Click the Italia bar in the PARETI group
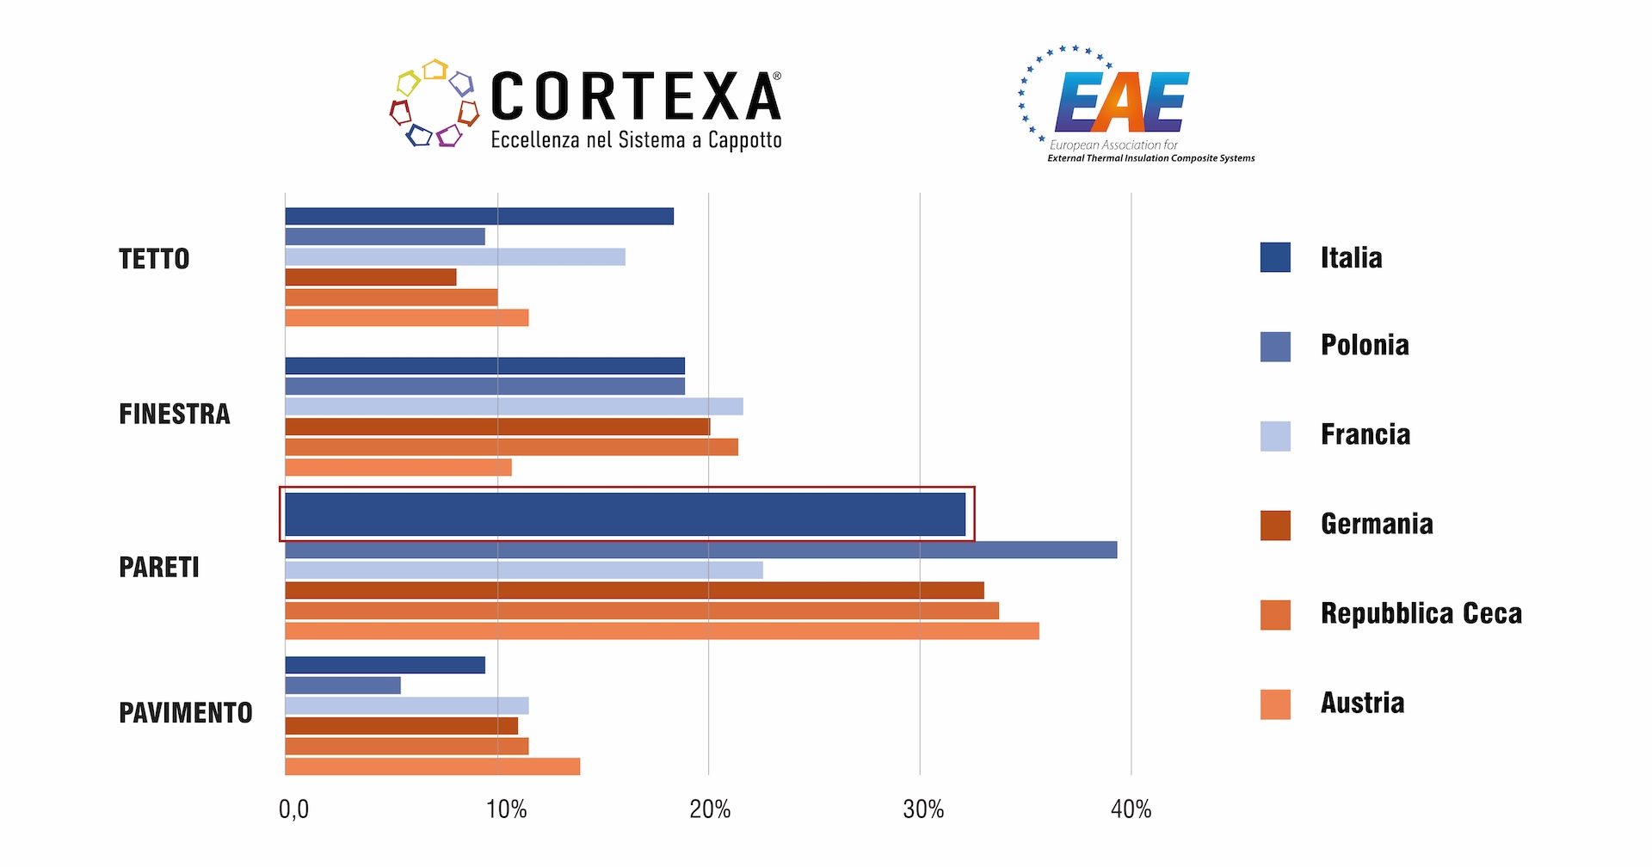[x=625, y=514]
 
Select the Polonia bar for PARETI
[x=700, y=550]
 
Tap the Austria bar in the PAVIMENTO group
[x=432, y=766]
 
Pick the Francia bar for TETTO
[x=454, y=256]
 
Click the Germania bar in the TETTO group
[x=370, y=277]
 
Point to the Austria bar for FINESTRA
[x=398, y=467]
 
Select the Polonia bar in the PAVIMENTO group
[x=342, y=686]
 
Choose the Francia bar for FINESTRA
[x=514, y=406]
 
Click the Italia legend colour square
[x=1274, y=257]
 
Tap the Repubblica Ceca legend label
[x=1421, y=613]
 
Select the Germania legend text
[x=1377, y=524]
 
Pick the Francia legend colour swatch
[x=1274, y=436]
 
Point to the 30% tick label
[x=922, y=809]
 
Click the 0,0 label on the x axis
[x=293, y=809]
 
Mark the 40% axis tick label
[x=1131, y=809]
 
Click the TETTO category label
[x=154, y=259]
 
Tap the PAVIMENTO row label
[x=186, y=713]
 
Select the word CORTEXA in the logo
[x=636, y=96]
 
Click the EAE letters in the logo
[x=1123, y=101]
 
